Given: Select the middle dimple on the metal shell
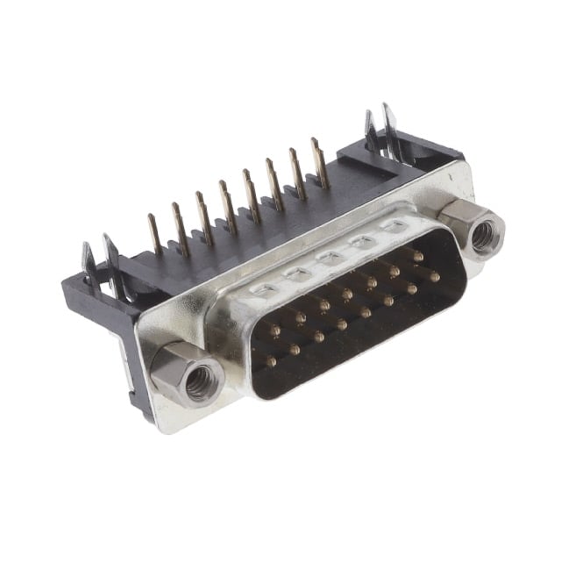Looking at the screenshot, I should (x=329, y=258).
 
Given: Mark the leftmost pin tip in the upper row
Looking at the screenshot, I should (x=275, y=330).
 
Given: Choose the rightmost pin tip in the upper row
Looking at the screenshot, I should (x=419, y=257).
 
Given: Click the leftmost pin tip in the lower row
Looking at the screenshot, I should (x=271, y=361).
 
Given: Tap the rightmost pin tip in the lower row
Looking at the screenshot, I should (x=433, y=275).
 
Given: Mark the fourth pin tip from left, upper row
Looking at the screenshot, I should (x=348, y=294).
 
